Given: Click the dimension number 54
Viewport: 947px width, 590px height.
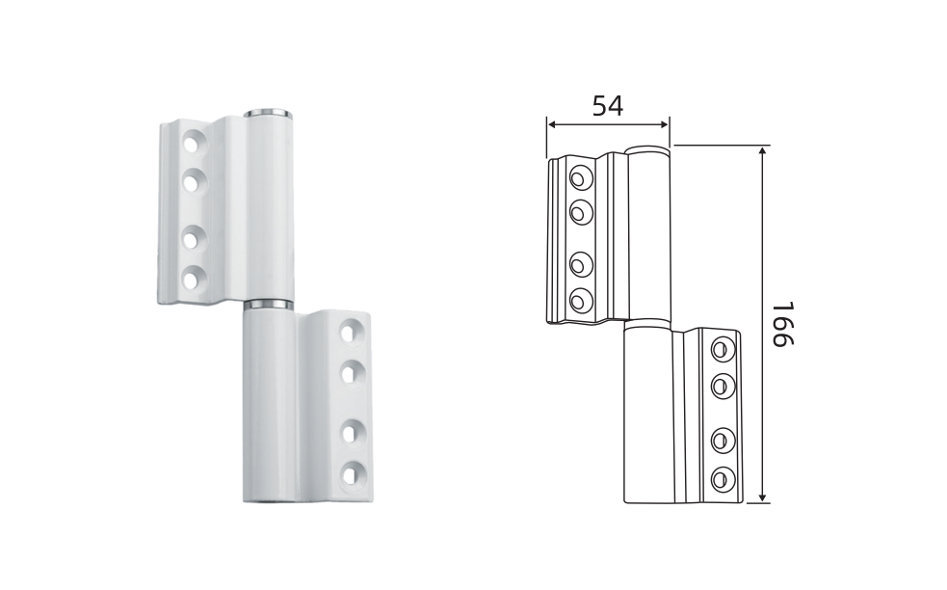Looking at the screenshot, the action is click(x=607, y=106).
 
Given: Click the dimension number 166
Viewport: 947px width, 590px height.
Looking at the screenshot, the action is click(x=783, y=324).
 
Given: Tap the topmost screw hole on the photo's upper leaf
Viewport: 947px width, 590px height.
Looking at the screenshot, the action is click(x=194, y=144).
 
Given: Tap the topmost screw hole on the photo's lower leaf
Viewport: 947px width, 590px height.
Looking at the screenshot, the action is click(x=351, y=333).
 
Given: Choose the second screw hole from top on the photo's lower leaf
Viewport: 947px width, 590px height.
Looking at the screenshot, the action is click(x=351, y=373).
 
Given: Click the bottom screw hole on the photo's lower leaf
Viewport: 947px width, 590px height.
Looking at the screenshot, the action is click(x=351, y=473).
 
